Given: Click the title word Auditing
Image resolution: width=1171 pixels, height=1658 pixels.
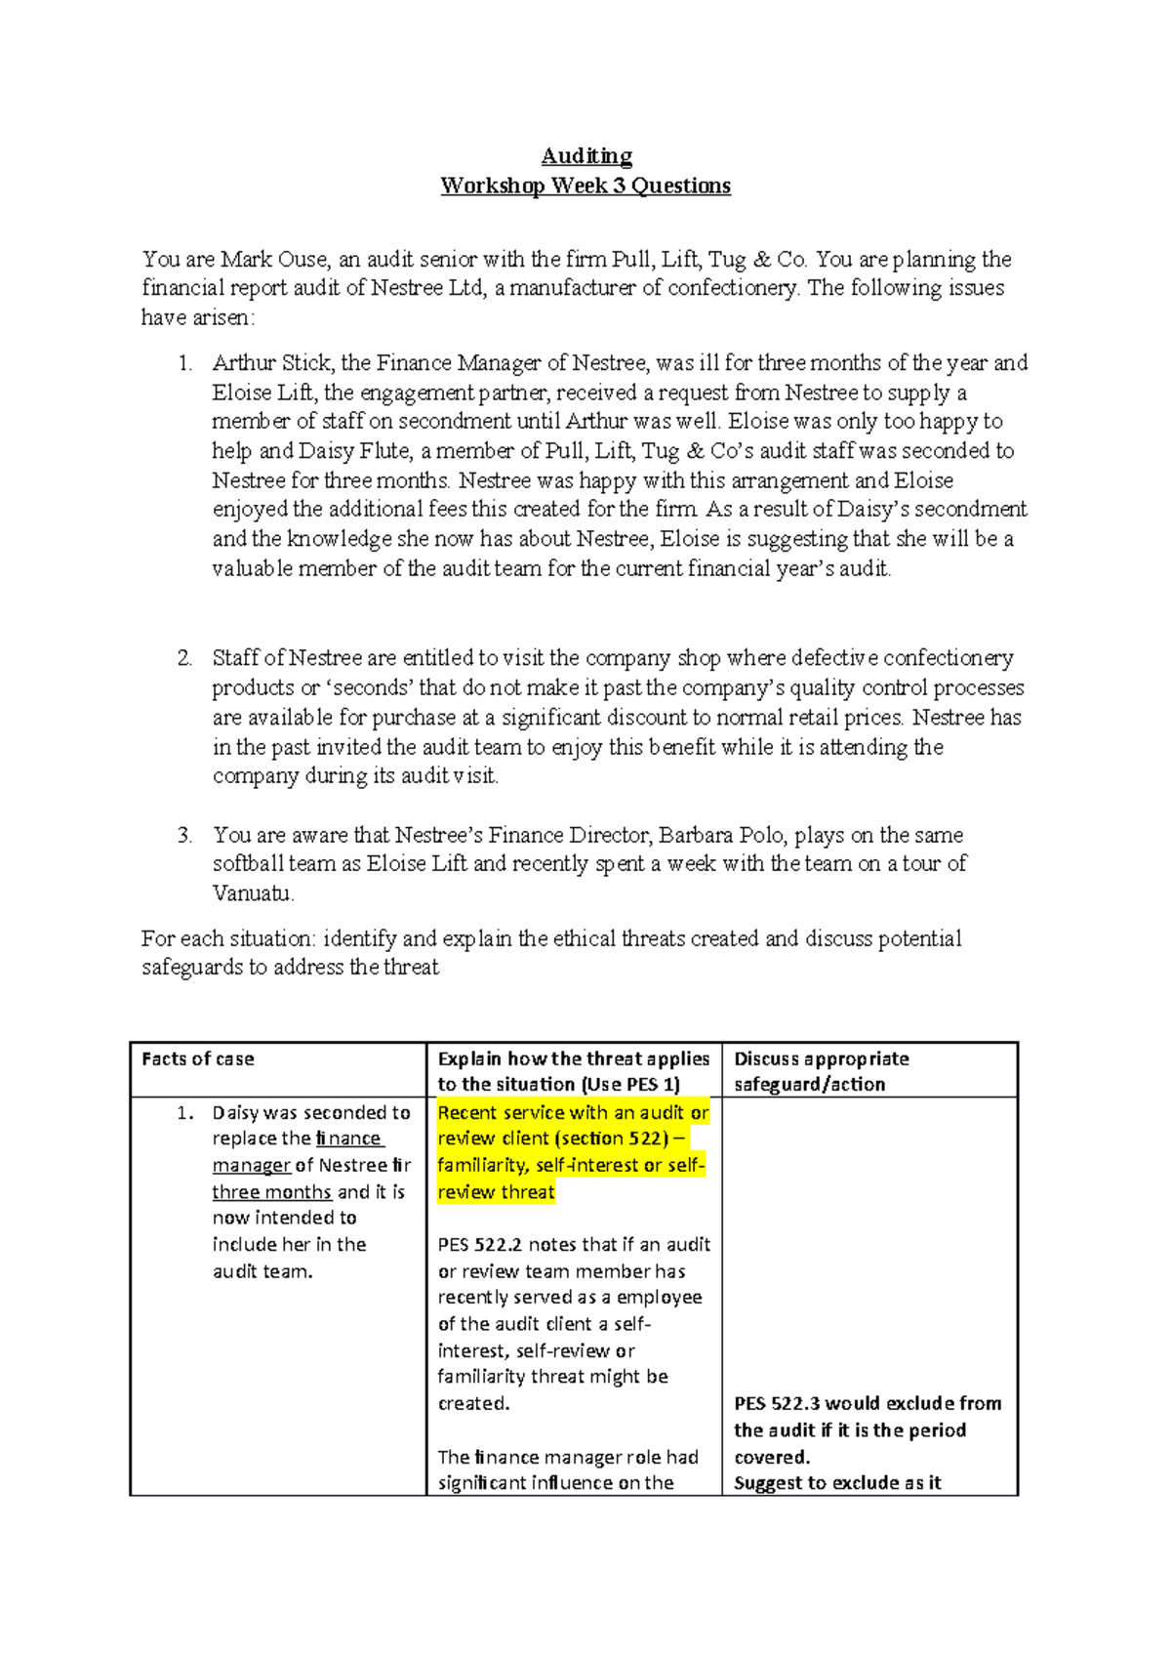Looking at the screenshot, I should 586,156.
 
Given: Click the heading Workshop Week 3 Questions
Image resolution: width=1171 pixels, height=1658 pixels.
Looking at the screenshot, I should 585,186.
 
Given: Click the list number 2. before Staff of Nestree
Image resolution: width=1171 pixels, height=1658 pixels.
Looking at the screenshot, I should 184,658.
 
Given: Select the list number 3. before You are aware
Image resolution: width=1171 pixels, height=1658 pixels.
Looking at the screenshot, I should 184,835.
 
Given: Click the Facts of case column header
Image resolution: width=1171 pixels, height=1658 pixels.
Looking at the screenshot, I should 198,1059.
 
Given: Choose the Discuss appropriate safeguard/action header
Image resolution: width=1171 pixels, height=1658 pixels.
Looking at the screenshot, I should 821,1071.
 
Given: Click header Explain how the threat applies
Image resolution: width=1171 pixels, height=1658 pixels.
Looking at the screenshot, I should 573,1059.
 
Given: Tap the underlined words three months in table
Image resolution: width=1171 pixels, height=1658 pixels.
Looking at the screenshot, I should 271,1192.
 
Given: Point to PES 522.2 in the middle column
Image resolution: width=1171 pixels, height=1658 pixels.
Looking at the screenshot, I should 479,1245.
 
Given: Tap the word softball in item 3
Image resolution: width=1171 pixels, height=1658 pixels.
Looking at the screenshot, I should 248,864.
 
